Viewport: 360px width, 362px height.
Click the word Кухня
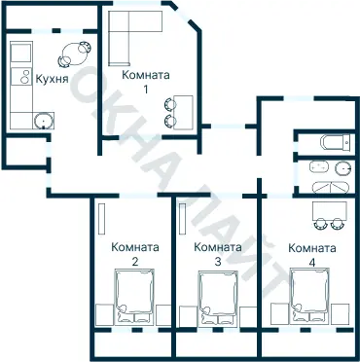pyautogui.click(x=52, y=79)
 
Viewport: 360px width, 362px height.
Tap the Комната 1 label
pyautogui.click(x=146, y=82)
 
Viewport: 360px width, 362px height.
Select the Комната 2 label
pyautogui.click(x=135, y=254)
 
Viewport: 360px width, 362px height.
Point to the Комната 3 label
pyautogui.click(x=218, y=254)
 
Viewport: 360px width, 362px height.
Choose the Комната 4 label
pyautogui.click(x=312, y=255)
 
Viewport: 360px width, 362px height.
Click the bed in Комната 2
pyautogui.click(x=134, y=297)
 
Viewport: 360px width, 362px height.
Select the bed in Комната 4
pyautogui.click(x=310, y=296)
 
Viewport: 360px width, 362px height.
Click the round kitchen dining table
pyautogui.click(x=74, y=54)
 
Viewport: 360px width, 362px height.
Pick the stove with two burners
pyautogui.click(x=21, y=76)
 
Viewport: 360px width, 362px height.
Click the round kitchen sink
pyautogui.click(x=43, y=121)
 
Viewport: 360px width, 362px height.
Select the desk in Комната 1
pyautogui.click(x=183, y=112)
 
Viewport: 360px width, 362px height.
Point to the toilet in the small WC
pyautogui.click(x=336, y=143)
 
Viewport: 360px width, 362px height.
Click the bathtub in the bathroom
pyautogui.click(x=331, y=187)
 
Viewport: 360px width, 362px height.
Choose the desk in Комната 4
pyautogui.click(x=330, y=210)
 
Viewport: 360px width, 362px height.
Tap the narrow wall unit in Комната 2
pyautogui.click(x=102, y=219)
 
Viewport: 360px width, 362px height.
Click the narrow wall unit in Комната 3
pyautogui.click(x=183, y=218)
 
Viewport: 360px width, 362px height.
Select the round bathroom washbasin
pyautogui.click(x=343, y=168)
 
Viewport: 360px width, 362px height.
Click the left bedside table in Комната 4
pyautogui.click(x=278, y=313)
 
